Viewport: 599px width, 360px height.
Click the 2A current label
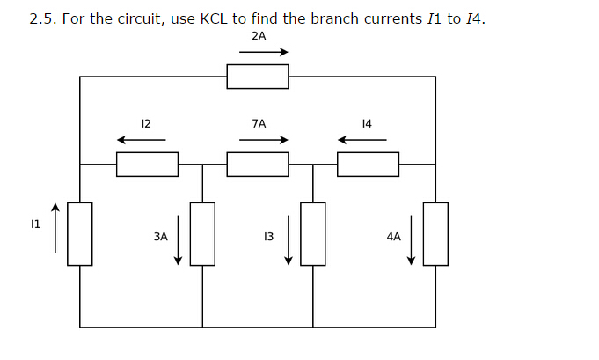258,36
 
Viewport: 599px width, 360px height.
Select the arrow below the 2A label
263,52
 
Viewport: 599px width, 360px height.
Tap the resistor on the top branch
258,77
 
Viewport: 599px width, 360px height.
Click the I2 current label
146,124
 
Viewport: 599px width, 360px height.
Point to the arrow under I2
141,140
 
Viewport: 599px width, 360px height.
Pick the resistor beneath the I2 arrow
147,164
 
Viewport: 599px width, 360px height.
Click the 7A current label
258,124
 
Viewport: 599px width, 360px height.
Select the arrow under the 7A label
263,140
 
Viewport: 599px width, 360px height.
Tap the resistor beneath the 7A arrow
258,164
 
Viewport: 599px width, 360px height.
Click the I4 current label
367,124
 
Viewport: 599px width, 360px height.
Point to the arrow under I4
362,140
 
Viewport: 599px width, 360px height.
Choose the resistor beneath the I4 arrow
368,164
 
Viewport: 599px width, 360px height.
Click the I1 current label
36,225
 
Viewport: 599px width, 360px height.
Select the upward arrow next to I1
55,228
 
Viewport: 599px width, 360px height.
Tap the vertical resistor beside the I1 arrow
80,233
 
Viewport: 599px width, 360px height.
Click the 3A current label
160,237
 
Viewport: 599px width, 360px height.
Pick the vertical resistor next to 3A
203,233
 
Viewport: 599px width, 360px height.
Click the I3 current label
268,237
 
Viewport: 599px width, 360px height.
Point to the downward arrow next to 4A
411,239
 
